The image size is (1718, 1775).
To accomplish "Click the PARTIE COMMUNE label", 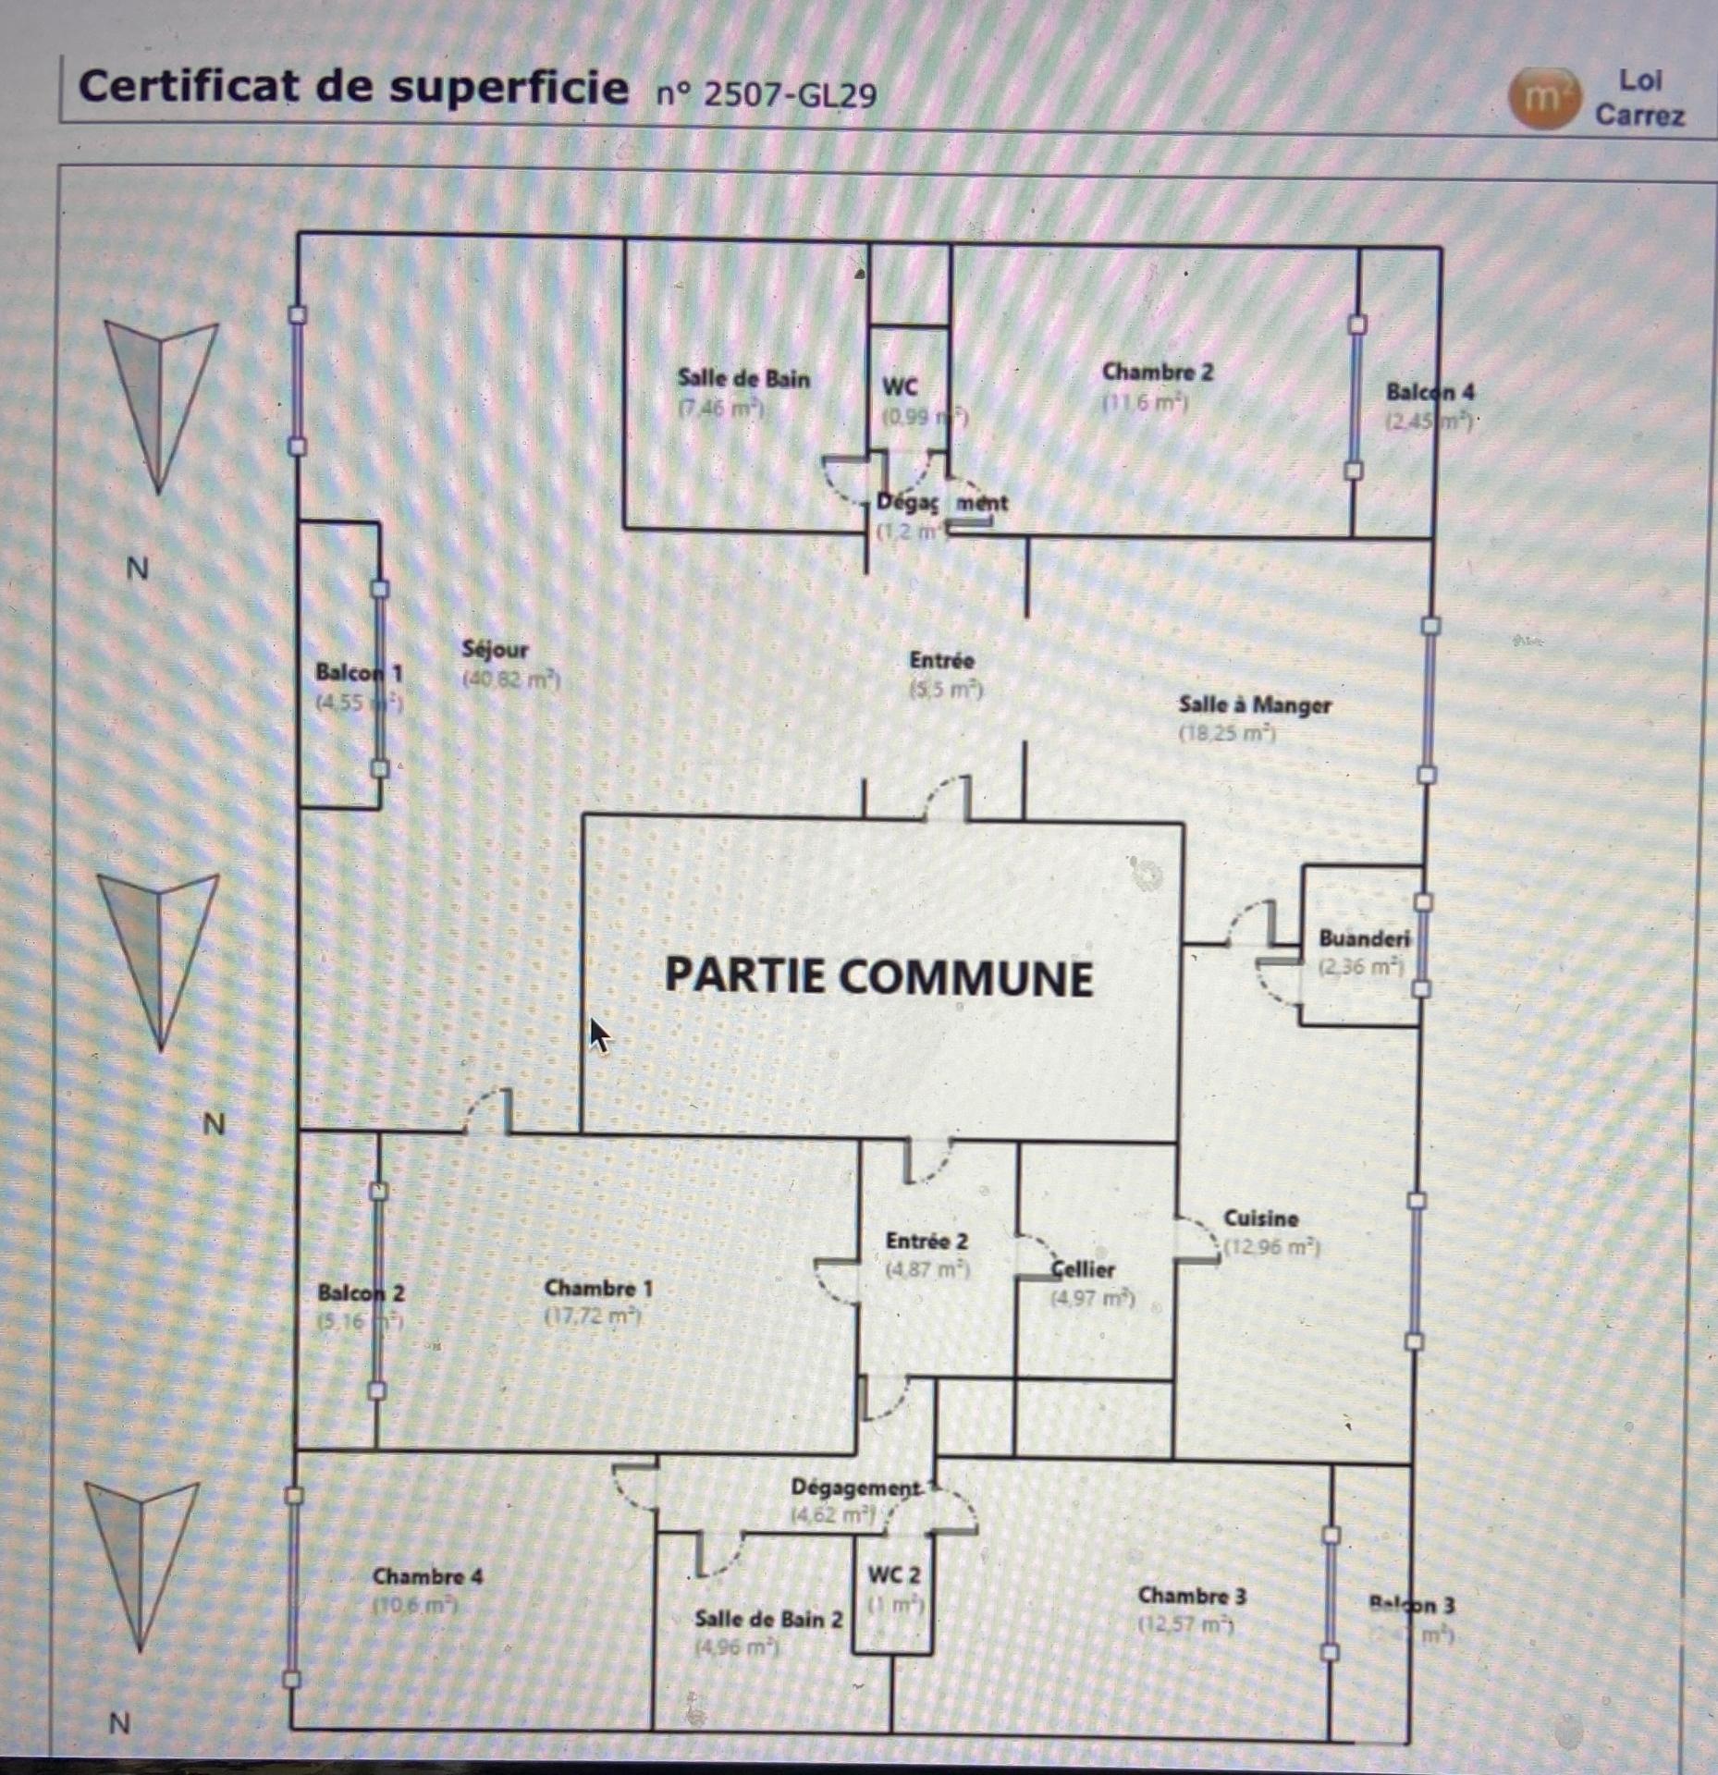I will pyautogui.click(x=878, y=977).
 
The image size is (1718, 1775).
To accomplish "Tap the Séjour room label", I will pyautogui.click(x=495, y=650).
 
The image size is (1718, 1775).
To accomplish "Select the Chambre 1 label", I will pyautogui.click(x=598, y=1288).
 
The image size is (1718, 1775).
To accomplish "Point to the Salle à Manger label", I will pyautogui.click(x=1255, y=705).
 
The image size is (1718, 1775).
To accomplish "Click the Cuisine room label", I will pyautogui.click(x=1261, y=1218).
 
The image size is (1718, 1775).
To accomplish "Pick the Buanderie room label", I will pyautogui.click(x=1364, y=938).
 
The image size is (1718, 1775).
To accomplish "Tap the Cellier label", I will pyautogui.click(x=1084, y=1269).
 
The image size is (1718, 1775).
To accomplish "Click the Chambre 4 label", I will pyautogui.click(x=427, y=1576).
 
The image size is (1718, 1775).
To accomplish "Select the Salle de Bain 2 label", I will pyautogui.click(x=768, y=1619).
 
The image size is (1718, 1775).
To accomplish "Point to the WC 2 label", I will pyautogui.click(x=893, y=1573).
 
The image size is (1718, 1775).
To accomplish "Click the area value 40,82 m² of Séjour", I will pyautogui.click(x=511, y=680).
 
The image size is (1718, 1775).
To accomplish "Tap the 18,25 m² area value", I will pyautogui.click(x=1227, y=734).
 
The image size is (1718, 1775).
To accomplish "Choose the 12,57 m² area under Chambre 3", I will pyautogui.click(x=1187, y=1624).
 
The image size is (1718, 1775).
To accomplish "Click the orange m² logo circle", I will pyautogui.click(x=1541, y=98).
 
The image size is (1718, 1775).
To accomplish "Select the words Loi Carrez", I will pyautogui.click(x=1639, y=98).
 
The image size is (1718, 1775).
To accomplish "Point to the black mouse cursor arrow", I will pyautogui.click(x=599, y=1034).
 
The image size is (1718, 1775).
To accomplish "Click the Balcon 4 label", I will pyautogui.click(x=1430, y=392).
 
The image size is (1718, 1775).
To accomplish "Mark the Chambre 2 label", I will pyautogui.click(x=1157, y=373).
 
